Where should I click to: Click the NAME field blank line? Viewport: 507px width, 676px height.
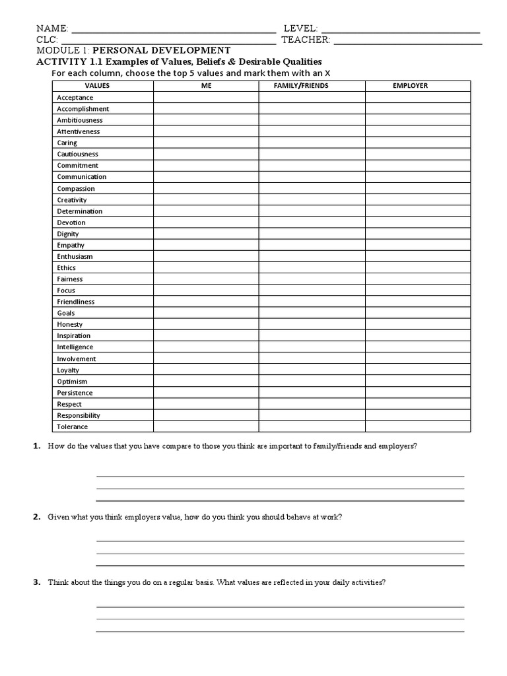(x=173, y=31)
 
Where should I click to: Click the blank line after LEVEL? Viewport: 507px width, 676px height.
(x=399, y=31)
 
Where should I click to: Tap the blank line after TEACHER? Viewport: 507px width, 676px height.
(x=407, y=42)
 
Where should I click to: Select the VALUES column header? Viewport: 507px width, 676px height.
(x=97, y=86)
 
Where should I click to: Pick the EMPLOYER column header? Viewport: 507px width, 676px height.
(x=410, y=86)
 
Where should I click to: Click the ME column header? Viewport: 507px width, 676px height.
(x=206, y=86)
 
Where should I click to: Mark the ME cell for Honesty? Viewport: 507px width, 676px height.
(x=206, y=324)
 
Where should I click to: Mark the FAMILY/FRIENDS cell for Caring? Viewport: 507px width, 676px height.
(x=312, y=143)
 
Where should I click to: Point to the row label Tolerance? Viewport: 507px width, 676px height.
(x=72, y=426)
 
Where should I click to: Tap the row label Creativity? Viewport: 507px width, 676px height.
(x=72, y=199)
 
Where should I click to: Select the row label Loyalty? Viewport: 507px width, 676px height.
(x=68, y=370)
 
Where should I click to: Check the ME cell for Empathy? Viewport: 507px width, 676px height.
(x=206, y=245)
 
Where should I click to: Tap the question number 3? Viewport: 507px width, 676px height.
(x=37, y=582)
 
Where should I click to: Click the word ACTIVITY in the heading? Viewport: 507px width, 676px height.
(x=56, y=61)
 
